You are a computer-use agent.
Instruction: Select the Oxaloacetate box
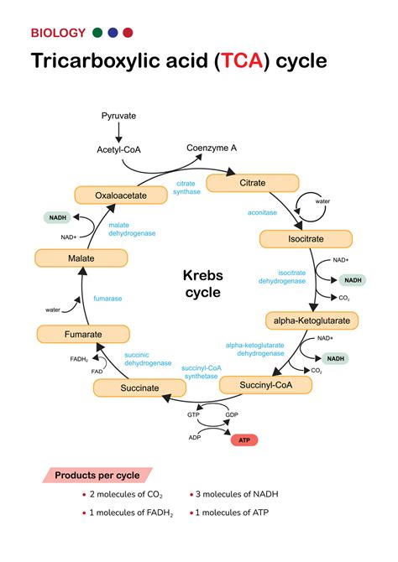coord(117,195)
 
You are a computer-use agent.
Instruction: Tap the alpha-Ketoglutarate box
coord(312,320)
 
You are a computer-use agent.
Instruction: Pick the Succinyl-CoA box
coord(265,385)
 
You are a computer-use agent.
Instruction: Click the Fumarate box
coord(83,334)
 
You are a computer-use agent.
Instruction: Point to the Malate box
coord(81,258)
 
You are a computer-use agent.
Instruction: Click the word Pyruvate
coord(118,115)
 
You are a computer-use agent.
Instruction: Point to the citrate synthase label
coord(187,187)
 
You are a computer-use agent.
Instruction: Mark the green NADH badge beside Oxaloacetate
coord(58,217)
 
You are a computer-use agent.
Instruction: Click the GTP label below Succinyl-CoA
coord(193,414)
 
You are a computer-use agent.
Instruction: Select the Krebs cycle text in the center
coord(202,284)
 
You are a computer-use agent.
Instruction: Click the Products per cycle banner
coord(97,475)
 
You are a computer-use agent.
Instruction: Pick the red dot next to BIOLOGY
coord(128,33)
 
